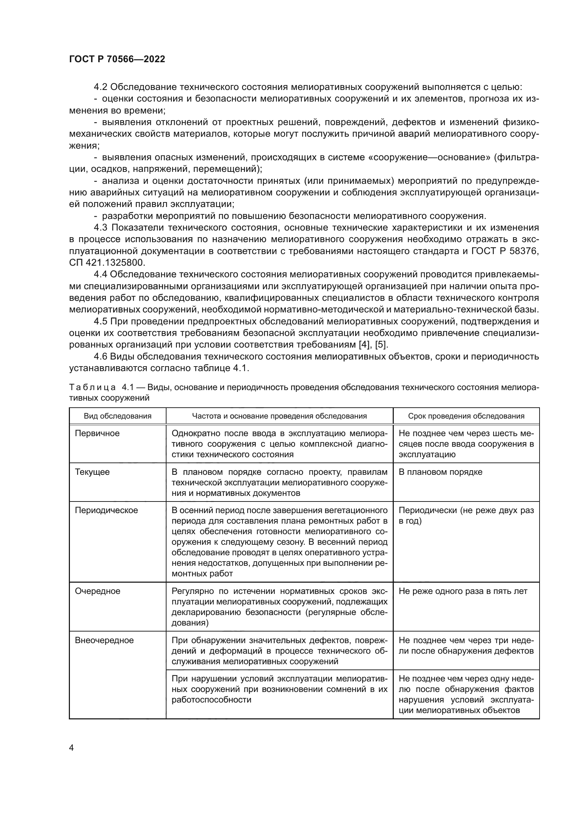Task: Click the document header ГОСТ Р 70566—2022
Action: (x=117, y=59)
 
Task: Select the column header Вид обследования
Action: (x=117, y=416)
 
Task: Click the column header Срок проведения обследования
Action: (x=466, y=416)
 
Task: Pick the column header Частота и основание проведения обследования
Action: (x=279, y=416)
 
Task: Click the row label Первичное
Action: (x=97, y=434)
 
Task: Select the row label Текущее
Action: (x=92, y=472)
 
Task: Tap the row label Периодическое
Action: (x=106, y=511)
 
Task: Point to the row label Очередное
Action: (x=97, y=591)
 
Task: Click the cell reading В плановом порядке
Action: (x=440, y=472)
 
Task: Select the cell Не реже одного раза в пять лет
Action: (x=463, y=591)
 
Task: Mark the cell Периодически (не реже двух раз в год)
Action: (x=466, y=516)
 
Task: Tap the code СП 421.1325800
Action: (x=107, y=263)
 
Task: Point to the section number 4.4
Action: (x=100, y=274)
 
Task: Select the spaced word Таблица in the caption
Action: (x=92, y=387)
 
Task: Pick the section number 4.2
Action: (x=100, y=87)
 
